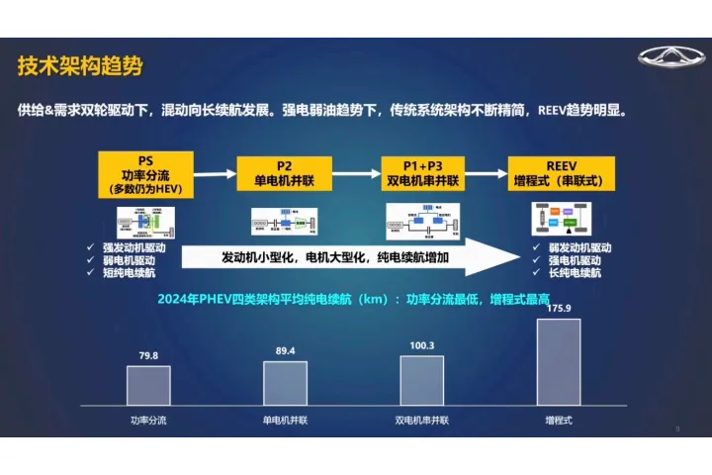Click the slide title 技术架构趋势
pos(80,67)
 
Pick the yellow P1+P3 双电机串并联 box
pos(422,173)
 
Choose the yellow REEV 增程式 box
pos(562,173)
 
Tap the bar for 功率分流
pos(148,385)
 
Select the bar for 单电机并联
pos(285,382)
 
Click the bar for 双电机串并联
pos(421,380)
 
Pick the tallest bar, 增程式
pos(559,361)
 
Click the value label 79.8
pos(148,355)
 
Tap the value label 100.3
pos(421,346)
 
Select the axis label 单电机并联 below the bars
pos(285,420)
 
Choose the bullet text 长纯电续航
pos(580,272)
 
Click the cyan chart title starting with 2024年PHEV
pos(366,299)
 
